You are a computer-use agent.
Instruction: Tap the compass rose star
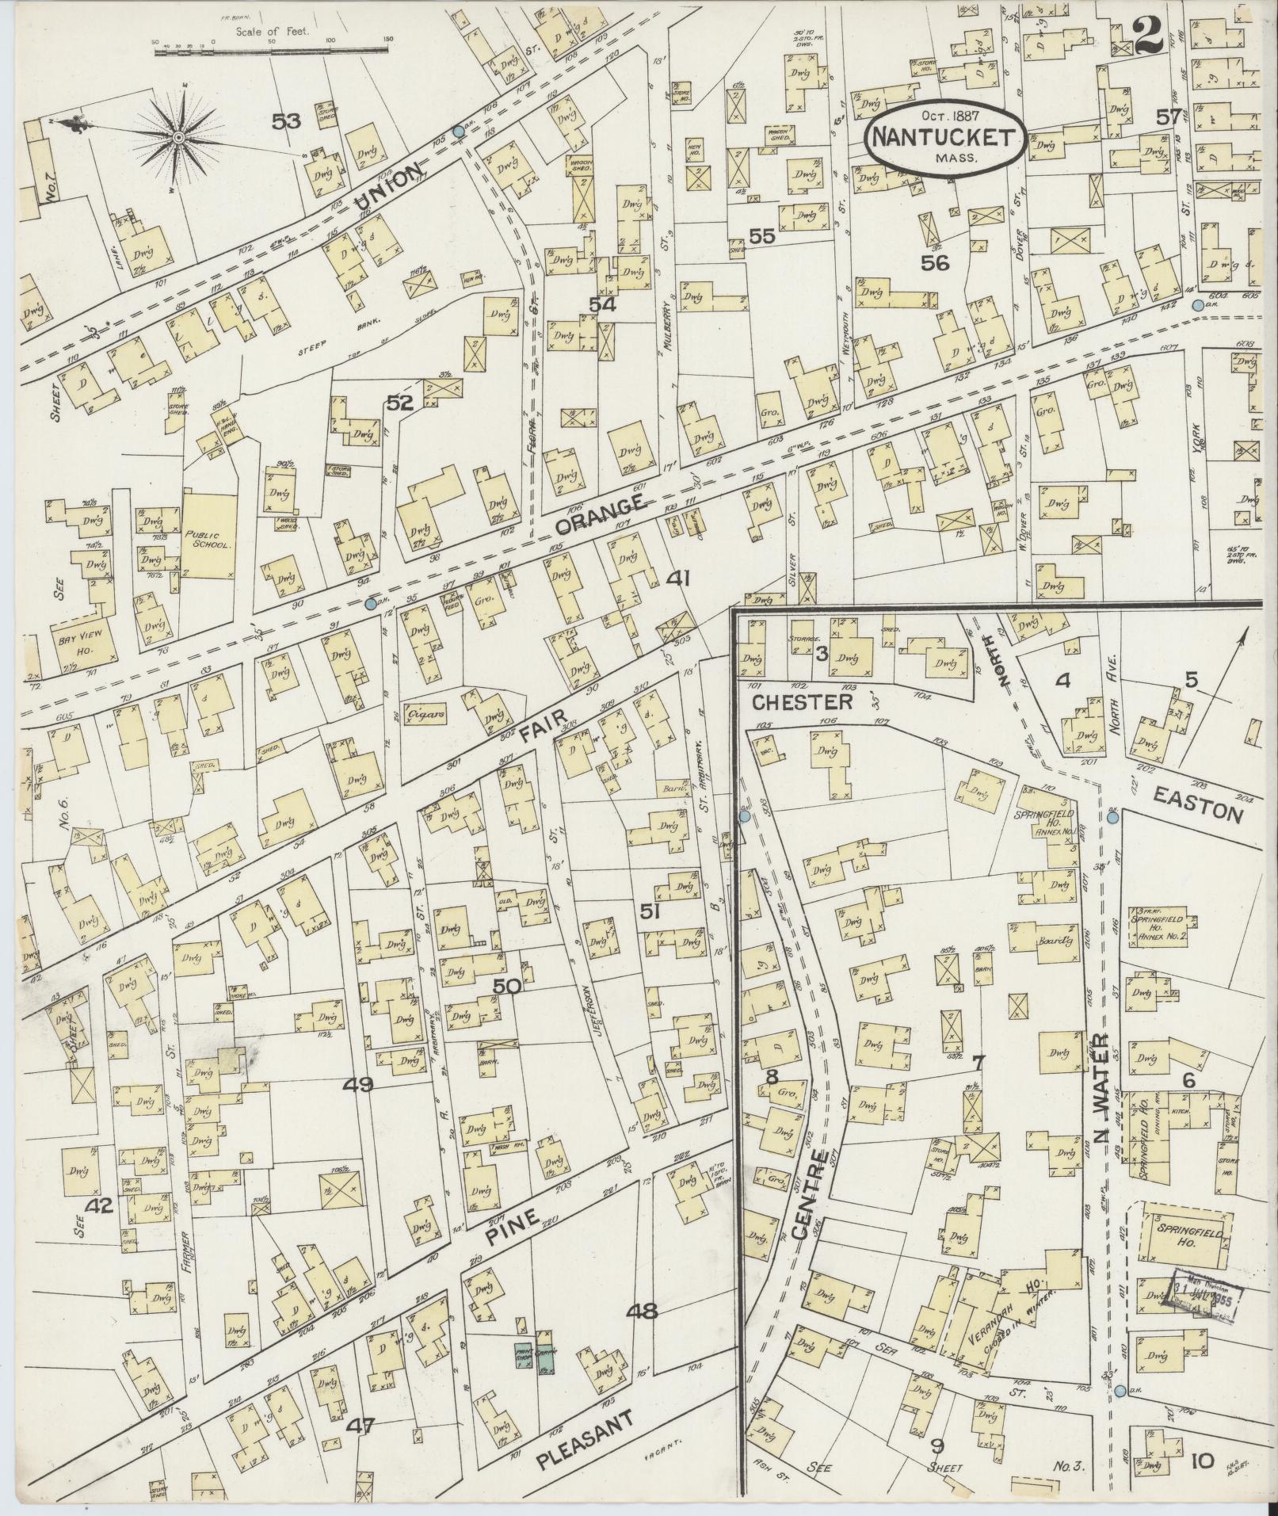click(x=180, y=138)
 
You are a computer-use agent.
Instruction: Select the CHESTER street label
click(x=802, y=702)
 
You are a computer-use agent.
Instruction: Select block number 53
click(x=287, y=121)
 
